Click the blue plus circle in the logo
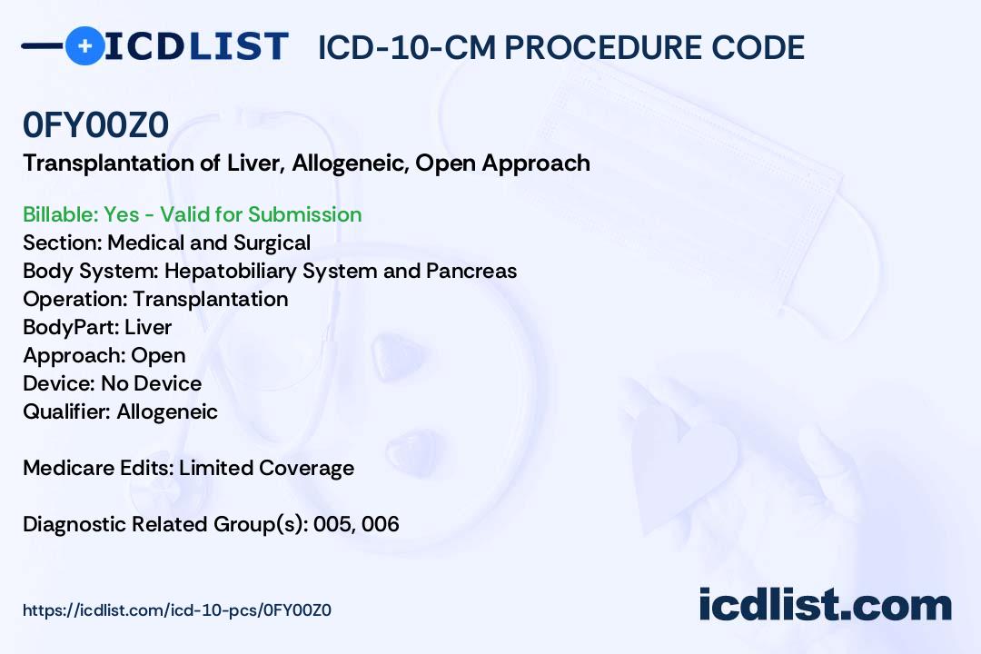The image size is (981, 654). (x=84, y=45)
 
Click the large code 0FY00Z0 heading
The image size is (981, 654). (x=95, y=124)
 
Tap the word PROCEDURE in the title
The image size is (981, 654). (x=603, y=47)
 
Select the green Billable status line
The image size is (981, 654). (x=192, y=214)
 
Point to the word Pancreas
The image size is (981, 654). (x=471, y=271)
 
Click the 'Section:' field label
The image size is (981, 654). (x=63, y=243)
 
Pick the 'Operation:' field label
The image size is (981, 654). (x=75, y=299)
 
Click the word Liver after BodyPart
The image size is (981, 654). (x=148, y=327)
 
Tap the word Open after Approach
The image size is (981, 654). (x=158, y=356)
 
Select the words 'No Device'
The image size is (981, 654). (x=152, y=383)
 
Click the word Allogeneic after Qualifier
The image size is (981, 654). (x=167, y=411)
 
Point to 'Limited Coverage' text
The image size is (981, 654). (x=266, y=468)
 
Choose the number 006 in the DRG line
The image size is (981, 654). (x=380, y=524)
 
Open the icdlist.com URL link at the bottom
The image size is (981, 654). (x=177, y=610)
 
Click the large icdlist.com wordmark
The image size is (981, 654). (x=825, y=605)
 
